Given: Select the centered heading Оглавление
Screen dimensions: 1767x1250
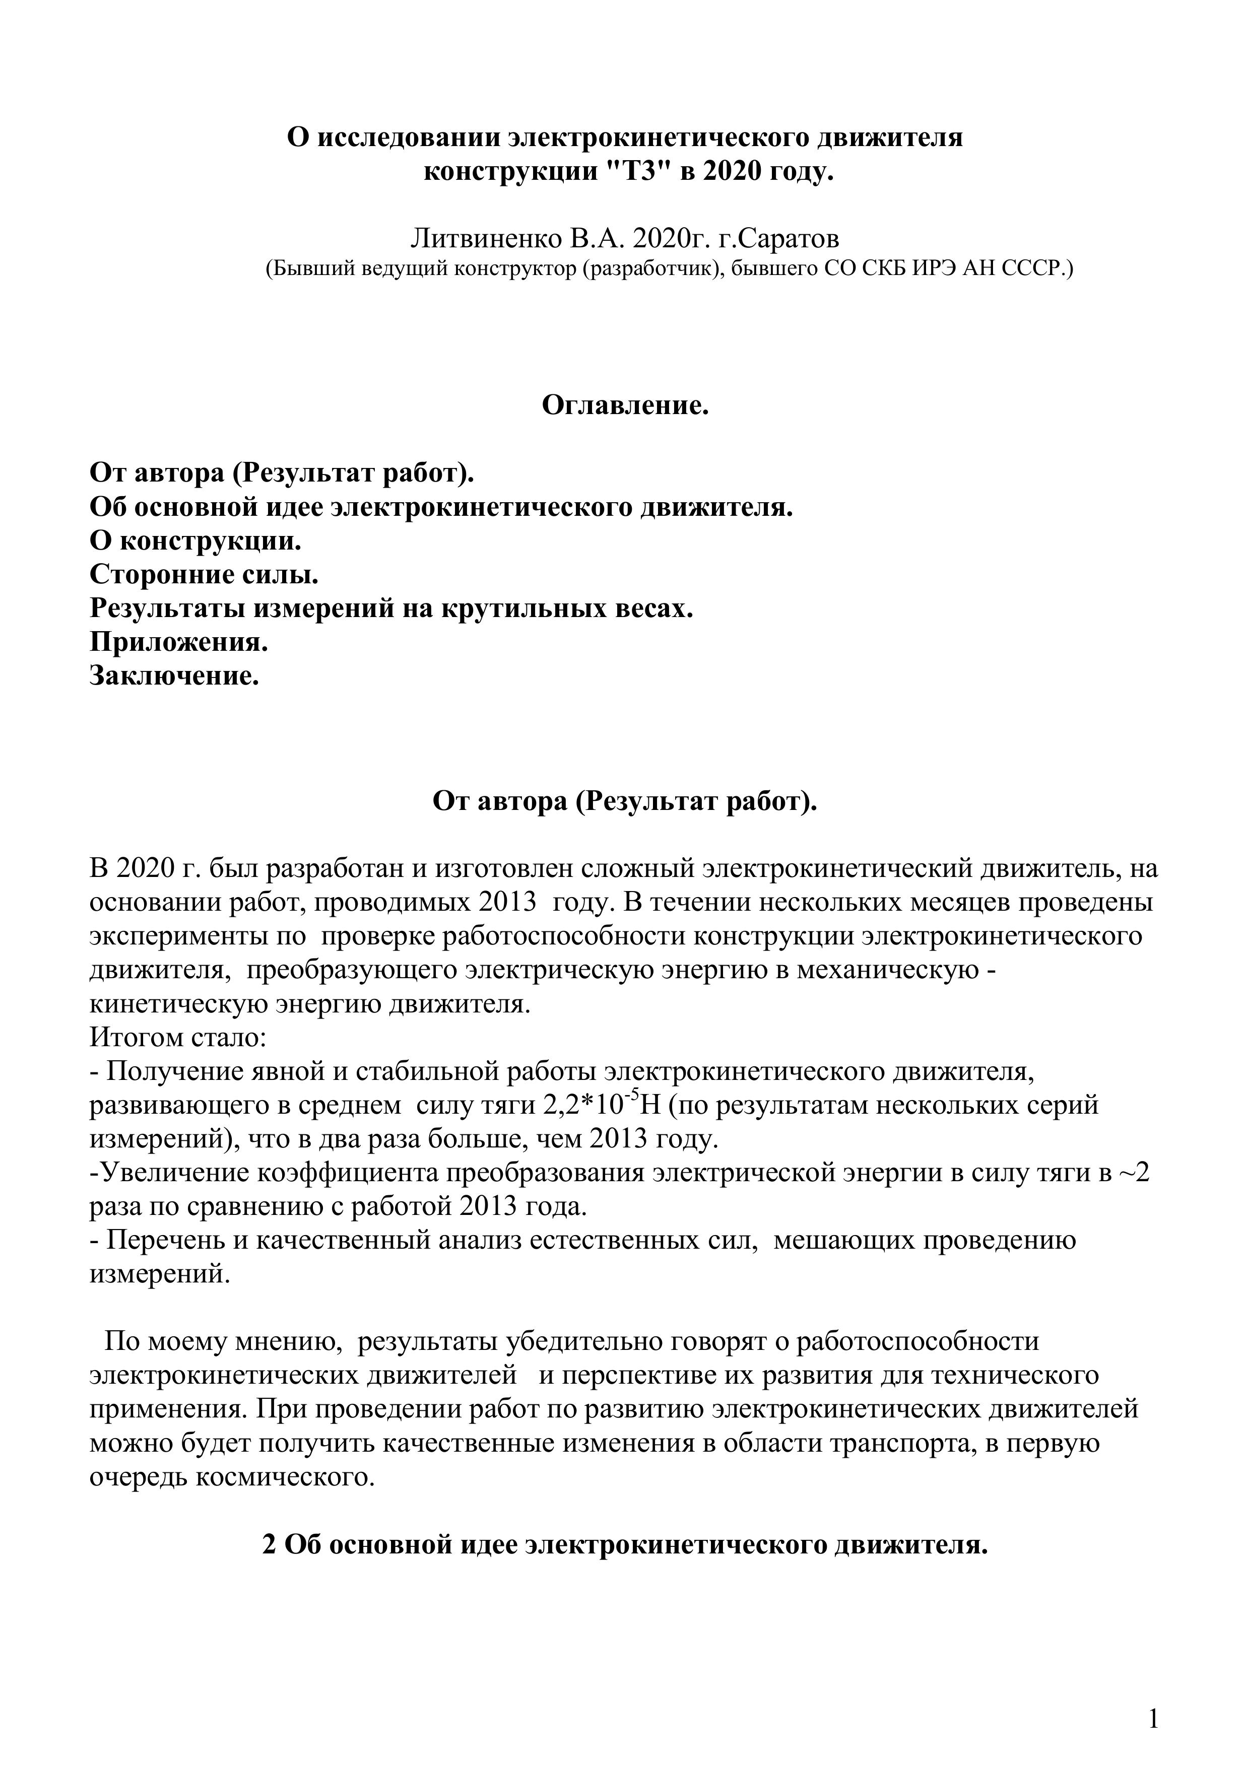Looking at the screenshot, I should pos(625,405).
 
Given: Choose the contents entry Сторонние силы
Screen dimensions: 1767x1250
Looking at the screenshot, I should pos(204,575).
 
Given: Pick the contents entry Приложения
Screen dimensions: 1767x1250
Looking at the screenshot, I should pos(178,641).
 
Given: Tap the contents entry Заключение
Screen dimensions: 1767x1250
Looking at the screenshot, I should pos(174,675).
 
